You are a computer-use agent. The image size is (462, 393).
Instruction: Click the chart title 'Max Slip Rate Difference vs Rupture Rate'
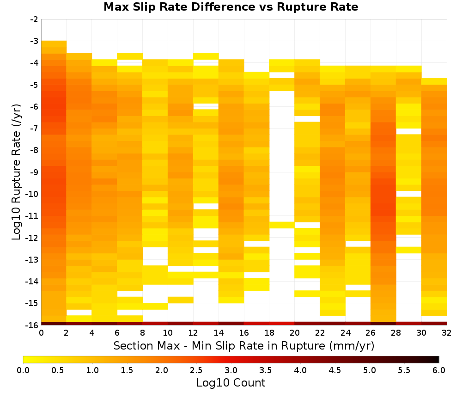[x=231, y=6]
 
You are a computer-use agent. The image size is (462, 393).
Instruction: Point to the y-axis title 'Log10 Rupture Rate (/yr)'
[x=16, y=172]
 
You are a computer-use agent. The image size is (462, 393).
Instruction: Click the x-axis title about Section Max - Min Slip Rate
[x=243, y=345]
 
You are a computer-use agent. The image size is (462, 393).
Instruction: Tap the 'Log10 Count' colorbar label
[x=231, y=383]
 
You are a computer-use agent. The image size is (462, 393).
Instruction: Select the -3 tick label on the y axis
[x=34, y=41]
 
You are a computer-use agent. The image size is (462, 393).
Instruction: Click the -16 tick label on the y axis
[x=32, y=325]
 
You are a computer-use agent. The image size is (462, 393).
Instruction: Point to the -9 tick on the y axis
[x=34, y=172]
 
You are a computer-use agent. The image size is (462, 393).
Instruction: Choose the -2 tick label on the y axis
[x=34, y=19]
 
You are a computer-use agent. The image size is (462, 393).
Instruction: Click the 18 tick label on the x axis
[x=269, y=333]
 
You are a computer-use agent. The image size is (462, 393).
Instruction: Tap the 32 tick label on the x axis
[x=447, y=333]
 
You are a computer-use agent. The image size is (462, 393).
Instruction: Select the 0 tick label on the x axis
[x=41, y=333]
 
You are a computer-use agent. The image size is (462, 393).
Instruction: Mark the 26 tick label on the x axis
[x=371, y=333]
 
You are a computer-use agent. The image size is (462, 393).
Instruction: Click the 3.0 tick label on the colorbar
[x=231, y=370]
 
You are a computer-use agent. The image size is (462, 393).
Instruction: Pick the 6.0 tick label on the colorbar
[x=439, y=370]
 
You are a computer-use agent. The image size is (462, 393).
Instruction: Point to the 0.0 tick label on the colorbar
[x=23, y=370]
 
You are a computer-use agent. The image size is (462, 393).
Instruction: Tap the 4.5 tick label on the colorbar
[x=335, y=370]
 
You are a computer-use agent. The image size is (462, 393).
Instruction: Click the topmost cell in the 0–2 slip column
[x=54, y=44]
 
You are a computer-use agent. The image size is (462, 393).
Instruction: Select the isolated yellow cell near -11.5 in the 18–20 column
[x=282, y=225]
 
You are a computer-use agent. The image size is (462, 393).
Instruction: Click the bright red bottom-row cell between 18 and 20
[x=282, y=324]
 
